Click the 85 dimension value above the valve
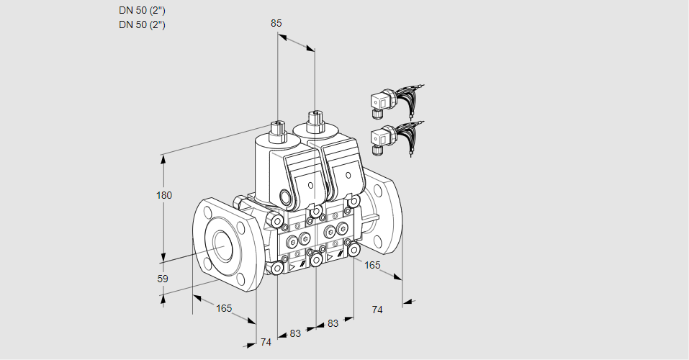(x=276, y=23)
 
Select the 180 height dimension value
(x=165, y=196)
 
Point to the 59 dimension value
(x=163, y=279)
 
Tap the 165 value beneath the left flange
(x=224, y=308)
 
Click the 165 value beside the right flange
(x=372, y=266)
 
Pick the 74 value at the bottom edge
(x=266, y=342)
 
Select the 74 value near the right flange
(x=377, y=310)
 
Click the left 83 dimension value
(x=295, y=333)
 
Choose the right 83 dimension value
(x=333, y=323)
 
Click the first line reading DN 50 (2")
(x=143, y=11)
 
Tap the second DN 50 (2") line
(x=143, y=25)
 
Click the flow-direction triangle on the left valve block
(x=292, y=267)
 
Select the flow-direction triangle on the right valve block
(x=330, y=256)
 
